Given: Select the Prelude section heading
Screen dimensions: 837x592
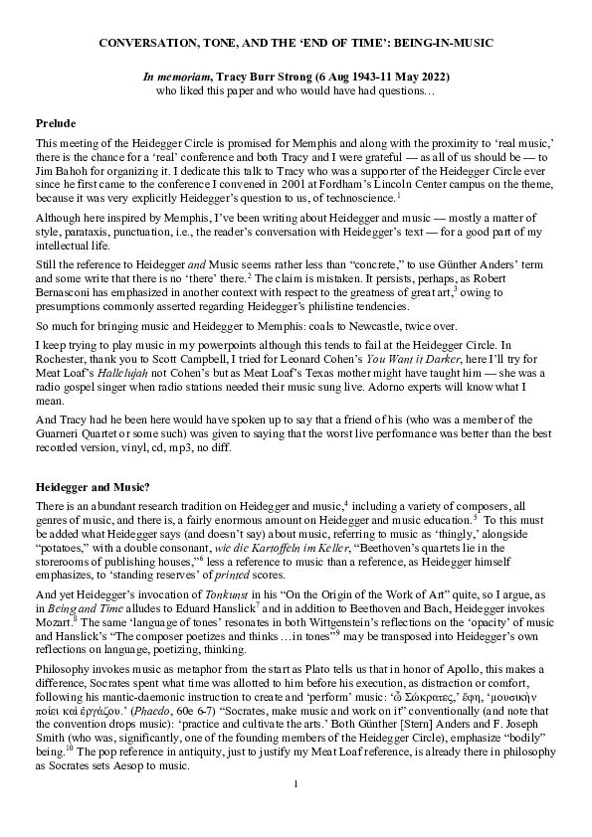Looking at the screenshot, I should (x=56, y=122).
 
